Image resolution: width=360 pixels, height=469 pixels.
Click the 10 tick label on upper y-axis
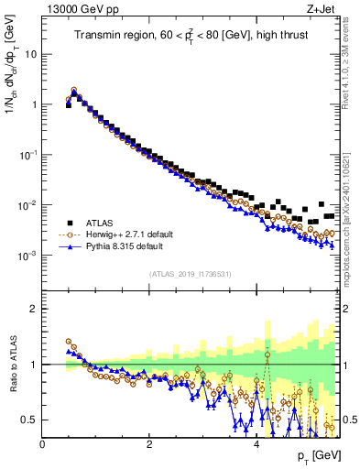[30, 54]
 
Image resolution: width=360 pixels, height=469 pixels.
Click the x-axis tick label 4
[256, 443]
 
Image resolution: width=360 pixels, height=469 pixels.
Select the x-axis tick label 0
[43, 443]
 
